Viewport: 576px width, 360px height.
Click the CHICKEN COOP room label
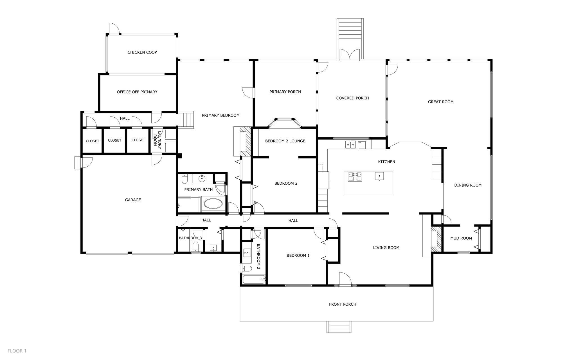pos(142,52)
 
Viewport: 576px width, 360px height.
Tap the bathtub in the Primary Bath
pos(213,204)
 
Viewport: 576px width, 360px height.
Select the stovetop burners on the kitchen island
pos(355,176)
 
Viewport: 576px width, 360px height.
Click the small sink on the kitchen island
pos(379,176)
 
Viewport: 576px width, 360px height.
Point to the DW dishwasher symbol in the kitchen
pos(362,145)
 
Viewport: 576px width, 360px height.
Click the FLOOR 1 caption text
pos(17,351)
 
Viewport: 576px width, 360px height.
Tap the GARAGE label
pos(133,200)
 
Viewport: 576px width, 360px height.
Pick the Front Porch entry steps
pos(339,327)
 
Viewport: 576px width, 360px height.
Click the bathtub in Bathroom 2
pos(254,279)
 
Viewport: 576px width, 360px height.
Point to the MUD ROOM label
pos(461,238)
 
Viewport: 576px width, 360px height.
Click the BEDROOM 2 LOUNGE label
pos(285,141)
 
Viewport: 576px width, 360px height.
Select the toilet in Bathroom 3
pos(196,247)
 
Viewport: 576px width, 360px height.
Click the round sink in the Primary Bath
pos(202,178)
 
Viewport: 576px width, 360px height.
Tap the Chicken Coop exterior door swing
pos(114,28)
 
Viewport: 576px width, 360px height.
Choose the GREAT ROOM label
pos(441,102)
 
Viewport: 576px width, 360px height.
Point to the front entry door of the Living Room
pos(345,279)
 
